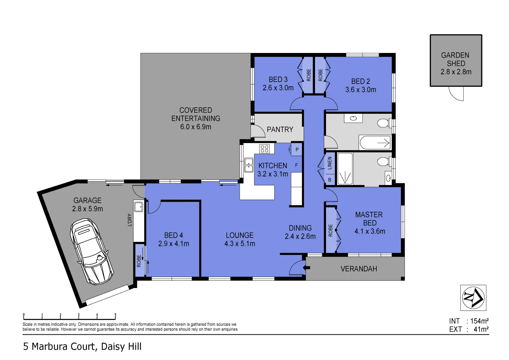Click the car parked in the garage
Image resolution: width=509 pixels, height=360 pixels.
click(92, 251)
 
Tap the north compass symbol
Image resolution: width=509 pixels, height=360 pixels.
click(473, 298)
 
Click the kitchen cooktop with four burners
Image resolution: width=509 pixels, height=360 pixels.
click(264, 149)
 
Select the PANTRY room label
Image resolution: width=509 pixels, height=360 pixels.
click(280, 129)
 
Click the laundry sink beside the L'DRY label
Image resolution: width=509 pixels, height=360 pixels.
click(138, 207)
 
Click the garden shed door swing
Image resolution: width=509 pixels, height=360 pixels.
click(457, 93)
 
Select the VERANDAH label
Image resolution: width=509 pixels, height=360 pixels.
click(359, 269)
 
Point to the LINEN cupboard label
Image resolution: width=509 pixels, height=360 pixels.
click(330, 163)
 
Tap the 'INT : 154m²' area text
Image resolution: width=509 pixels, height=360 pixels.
click(469, 321)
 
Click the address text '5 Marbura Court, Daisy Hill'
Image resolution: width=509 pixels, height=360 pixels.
click(82, 347)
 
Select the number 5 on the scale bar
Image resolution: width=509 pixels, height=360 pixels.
click(115, 315)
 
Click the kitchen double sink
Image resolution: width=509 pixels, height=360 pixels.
click(249, 165)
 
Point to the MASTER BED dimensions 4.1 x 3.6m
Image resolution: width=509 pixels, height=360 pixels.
click(370, 231)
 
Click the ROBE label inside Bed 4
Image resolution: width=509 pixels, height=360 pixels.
click(139, 261)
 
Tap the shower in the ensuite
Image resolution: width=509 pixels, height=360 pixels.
click(345, 169)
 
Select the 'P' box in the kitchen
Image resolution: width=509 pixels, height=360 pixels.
click(297, 150)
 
